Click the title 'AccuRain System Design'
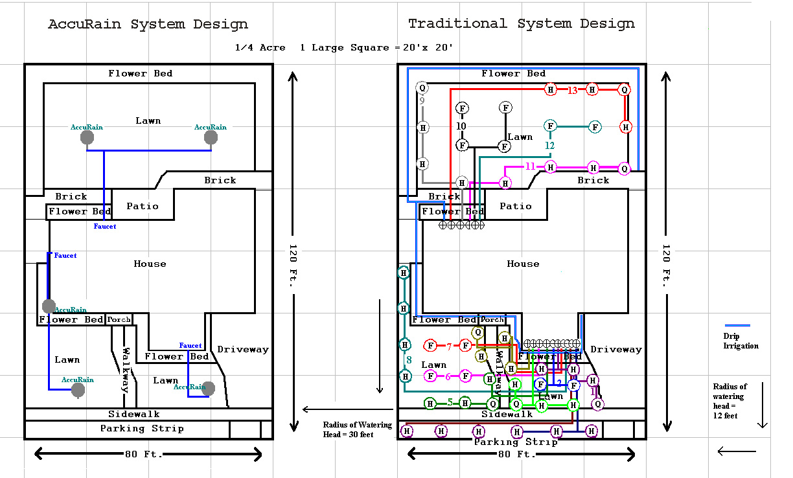coord(148,25)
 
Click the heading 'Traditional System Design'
coord(521,24)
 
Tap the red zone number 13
coord(572,90)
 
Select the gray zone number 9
coord(422,100)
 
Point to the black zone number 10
coord(461,126)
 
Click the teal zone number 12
coord(549,146)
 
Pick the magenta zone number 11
coord(530,166)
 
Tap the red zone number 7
coord(448,347)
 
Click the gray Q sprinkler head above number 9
coord(422,87)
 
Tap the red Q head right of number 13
coord(625,90)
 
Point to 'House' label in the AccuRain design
coord(150,264)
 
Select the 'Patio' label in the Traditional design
coord(516,206)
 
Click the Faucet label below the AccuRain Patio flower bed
coord(105,227)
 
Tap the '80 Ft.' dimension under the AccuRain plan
coord(148,454)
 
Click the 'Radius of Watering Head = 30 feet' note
coord(357,429)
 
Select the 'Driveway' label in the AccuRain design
coord(242,349)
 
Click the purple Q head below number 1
coord(598,404)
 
